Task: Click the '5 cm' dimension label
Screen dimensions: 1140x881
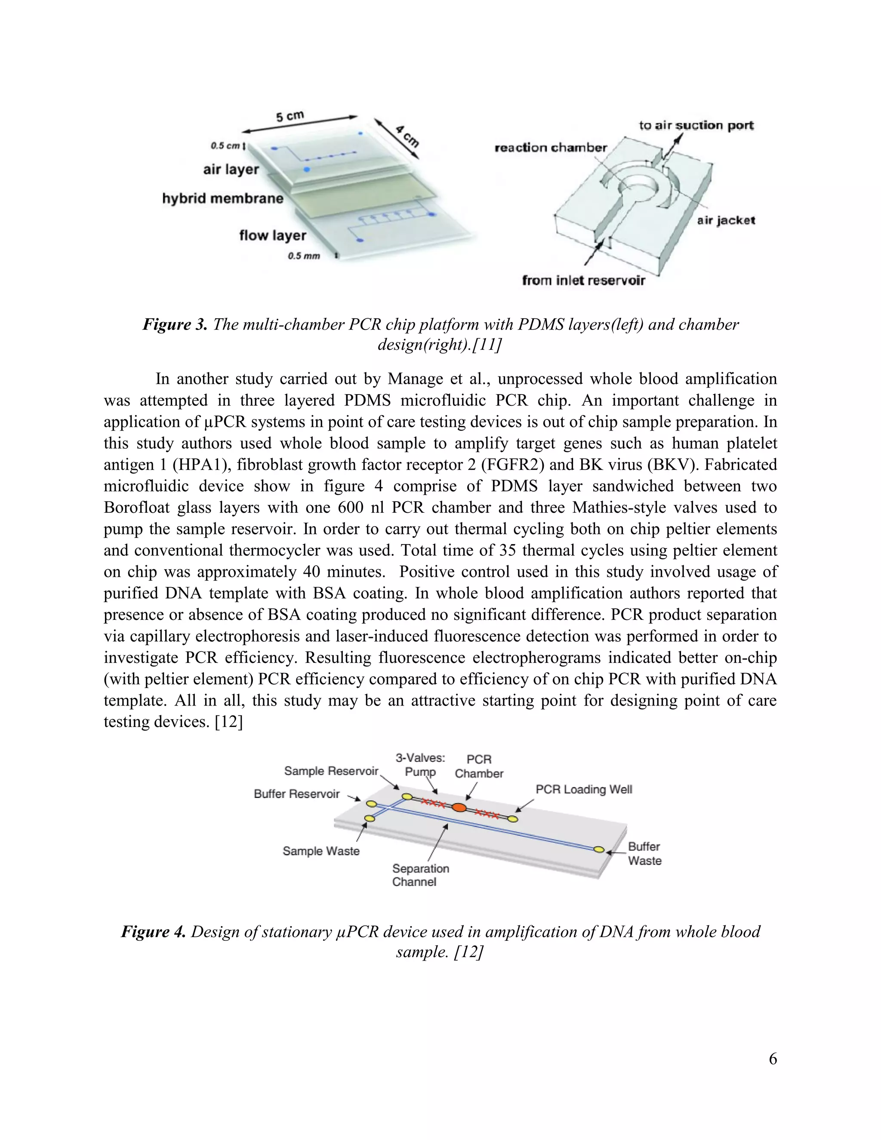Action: [290, 116]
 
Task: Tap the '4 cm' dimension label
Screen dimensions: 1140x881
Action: [407, 136]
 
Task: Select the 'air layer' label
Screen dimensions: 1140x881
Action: [231, 169]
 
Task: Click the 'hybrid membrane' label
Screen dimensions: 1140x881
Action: [223, 198]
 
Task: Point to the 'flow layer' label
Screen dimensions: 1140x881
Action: [272, 235]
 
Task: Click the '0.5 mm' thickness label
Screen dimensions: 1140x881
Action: [304, 256]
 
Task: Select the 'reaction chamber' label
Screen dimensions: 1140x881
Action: [551, 148]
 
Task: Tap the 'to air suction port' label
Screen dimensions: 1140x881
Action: [696, 125]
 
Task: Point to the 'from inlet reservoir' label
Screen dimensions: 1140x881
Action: [583, 281]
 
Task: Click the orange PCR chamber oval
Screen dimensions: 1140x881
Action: [459, 807]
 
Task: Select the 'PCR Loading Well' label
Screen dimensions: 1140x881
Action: [583, 789]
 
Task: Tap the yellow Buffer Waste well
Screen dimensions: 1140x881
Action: [599, 850]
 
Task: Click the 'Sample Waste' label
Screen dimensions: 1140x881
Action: [321, 851]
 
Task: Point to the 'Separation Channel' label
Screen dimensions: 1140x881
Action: [420, 875]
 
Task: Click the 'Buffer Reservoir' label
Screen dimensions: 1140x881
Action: [296, 794]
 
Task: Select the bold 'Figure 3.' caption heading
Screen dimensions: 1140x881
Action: [175, 325]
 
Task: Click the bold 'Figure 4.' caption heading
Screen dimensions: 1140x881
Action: [153, 932]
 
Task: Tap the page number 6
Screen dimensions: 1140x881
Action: [773, 1059]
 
